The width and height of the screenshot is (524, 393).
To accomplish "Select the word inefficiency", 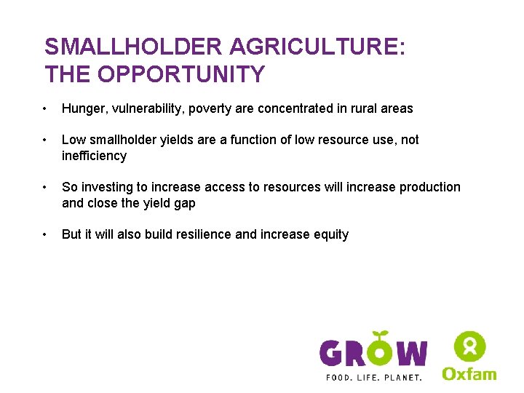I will pos(94,156).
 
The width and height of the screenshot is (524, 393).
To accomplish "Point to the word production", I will pos(429,187).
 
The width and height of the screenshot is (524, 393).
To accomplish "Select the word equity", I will pos(331,234).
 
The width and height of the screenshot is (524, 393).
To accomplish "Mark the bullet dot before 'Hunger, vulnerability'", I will pos(46,109).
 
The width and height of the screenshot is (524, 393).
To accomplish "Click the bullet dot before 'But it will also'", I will pos(46,235).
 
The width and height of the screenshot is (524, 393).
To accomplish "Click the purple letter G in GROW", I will pos(333,354).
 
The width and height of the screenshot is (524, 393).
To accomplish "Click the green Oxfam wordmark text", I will pos(469,373).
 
